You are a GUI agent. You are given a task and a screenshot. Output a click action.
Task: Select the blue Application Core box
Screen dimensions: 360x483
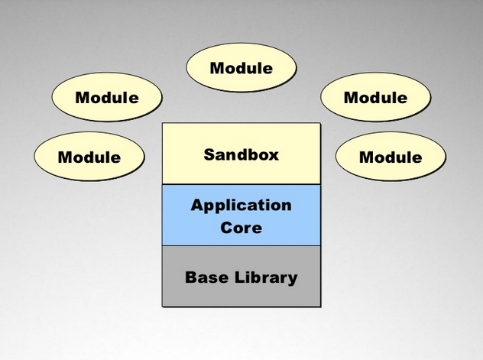pyautogui.click(x=241, y=215)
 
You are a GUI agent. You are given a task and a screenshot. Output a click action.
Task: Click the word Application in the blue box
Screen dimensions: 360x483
pyautogui.click(x=241, y=205)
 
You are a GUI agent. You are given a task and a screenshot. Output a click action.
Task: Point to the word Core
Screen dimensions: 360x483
pyautogui.click(x=241, y=227)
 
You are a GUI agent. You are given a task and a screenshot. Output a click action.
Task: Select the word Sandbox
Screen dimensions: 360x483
pyautogui.click(x=241, y=154)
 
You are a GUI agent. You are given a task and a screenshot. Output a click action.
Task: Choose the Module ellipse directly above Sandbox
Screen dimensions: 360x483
pyautogui.click(x=241, y=68)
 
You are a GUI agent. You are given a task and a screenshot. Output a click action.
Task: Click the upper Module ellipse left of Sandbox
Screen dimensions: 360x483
pyautogui.click(x=107, y=98)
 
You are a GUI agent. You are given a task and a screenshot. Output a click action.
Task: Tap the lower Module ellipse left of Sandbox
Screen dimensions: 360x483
pyautogui.click(x=89, y=157)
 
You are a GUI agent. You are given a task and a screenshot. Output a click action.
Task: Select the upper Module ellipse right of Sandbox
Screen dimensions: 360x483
pyautogui.click(x=375, y=98)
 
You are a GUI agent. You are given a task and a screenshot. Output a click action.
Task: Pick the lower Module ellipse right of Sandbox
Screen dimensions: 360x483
pyautogui.click(x=391, y=157)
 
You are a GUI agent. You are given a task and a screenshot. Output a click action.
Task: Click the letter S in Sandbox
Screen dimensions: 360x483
pyautogui.click(x=209, y=154)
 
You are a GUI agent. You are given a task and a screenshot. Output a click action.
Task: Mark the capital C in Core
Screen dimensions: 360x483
pyautogui.click(x=226, y=227)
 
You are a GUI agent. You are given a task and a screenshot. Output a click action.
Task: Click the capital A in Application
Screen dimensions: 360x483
pyautogui.click(x=196, y=205)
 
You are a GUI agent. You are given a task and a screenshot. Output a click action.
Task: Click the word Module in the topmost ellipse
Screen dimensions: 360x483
pyautogui.click(x=241, y=68)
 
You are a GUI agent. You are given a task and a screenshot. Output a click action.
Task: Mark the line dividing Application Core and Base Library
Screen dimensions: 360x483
pyautogui.click(x=241, y=245)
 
